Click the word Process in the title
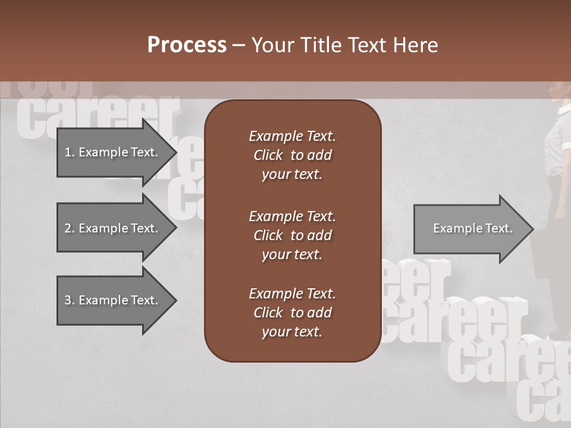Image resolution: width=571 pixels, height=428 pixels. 187,45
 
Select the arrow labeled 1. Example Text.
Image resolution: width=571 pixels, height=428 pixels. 113,152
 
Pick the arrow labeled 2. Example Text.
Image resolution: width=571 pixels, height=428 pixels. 113,228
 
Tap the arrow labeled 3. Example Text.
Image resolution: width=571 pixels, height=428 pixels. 113,300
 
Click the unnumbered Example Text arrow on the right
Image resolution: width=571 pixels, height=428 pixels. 472,228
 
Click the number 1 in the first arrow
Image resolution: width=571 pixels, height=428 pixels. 68,152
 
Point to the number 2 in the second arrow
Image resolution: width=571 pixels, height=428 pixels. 68,228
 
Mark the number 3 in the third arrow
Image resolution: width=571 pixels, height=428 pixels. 68,300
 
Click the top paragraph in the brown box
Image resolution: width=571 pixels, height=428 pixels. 292,155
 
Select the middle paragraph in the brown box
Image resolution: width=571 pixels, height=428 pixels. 292,235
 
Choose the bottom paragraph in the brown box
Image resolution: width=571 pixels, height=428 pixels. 292,313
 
